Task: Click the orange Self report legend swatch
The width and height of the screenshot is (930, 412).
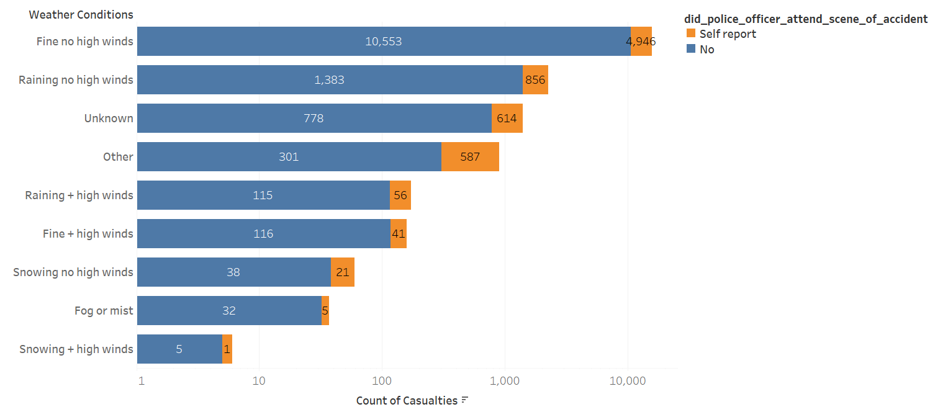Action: [690, 34]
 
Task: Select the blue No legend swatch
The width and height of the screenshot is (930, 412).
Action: [690, 49]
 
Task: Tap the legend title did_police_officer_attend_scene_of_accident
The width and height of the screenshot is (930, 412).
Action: [804, 19]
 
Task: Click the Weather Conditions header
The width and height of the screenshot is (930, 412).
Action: [81, 14]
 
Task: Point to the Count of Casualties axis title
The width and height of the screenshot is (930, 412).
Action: [407, 400]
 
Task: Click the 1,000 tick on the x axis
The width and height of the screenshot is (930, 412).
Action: [504, 380]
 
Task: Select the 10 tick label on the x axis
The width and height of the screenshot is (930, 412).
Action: [259, 380]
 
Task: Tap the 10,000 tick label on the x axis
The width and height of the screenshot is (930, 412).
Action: [628, 380]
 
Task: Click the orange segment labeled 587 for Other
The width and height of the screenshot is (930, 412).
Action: [470, 156]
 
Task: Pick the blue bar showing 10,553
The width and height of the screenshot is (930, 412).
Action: [384, 42]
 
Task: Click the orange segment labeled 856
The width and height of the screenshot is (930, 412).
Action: [535, 80]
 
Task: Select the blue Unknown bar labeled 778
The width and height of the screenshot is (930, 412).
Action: [314, 118]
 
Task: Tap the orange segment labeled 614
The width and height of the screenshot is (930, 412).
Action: [507, 118]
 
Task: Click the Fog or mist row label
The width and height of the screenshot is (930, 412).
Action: [104, 310]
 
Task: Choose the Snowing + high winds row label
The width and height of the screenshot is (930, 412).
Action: [76, 349]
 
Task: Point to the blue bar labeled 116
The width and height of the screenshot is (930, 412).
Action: [263, 233]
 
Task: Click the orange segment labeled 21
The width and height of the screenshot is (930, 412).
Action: [343, 272]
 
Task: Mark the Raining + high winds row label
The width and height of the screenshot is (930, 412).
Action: [79, 195]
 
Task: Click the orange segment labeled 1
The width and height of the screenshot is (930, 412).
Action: [227, 349]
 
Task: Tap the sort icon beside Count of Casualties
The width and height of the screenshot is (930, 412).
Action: [464, 400]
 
